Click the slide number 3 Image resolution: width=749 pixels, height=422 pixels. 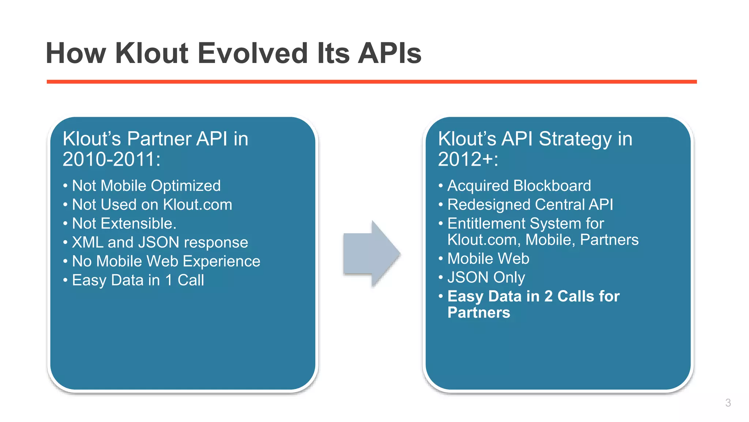[728, 403]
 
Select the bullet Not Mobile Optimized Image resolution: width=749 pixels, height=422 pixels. [146, 186]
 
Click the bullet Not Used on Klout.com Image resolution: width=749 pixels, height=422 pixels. [152, 205]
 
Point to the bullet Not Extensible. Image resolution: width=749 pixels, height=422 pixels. [124, 223]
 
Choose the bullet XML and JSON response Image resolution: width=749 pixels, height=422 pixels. [160, 243]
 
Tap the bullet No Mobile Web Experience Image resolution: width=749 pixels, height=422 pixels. [166, 262]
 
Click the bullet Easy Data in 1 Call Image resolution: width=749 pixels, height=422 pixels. [138, 280]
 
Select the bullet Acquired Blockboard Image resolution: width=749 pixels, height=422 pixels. [519, 186]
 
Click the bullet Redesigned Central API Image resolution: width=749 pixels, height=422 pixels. [530, 205]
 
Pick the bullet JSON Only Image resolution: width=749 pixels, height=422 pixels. [486, 277]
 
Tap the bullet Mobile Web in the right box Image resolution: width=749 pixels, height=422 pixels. [488, 259]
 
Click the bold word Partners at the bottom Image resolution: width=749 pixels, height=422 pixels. [478, 313]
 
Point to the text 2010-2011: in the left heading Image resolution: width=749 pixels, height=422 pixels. [111, 159]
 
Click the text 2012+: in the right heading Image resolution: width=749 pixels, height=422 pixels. [468, 159]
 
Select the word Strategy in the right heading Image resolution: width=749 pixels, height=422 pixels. [575, 139]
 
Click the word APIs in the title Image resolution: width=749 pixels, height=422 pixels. [389, 53]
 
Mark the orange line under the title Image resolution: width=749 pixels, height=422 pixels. [372, 82]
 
